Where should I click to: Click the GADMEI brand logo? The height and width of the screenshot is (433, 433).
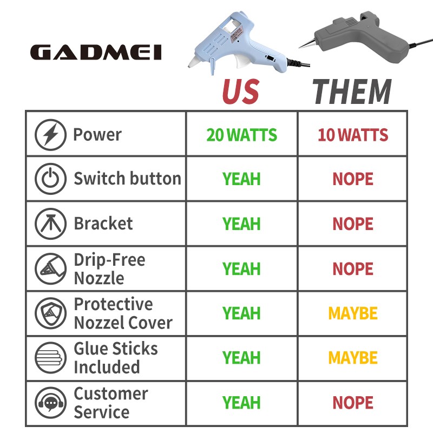click(96, 53)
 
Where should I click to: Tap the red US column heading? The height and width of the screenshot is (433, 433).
click(241, 91)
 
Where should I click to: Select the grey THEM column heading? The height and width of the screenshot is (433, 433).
click(352, 91)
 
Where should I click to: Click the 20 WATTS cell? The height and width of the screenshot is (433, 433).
click(241, 135)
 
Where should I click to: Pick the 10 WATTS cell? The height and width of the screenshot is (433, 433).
click(353, 135)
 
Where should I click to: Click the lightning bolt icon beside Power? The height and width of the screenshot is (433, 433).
click(50, 135)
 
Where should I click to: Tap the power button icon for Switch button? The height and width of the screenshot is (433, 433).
click(50, 179)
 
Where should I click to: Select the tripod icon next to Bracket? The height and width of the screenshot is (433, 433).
click(50, 224)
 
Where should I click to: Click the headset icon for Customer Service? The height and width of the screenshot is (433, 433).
click(50, 403)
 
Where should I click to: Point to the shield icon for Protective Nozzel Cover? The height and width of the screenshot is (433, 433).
click(50, 313)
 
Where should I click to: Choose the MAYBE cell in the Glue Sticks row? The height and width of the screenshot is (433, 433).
click(353, 358)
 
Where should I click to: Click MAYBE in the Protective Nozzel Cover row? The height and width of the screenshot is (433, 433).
click(353, 313)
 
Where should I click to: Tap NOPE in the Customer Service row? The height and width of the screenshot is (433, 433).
click(353, 403)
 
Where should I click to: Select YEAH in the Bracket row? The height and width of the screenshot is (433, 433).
click(241, 224)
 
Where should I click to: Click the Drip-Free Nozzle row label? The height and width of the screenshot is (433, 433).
click(109, 268)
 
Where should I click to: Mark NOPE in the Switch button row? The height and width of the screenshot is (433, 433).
click(353, 179)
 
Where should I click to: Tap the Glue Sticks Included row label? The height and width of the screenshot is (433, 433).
click(116, 358)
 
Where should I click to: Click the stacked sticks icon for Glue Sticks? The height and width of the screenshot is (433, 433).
click(50, 358)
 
